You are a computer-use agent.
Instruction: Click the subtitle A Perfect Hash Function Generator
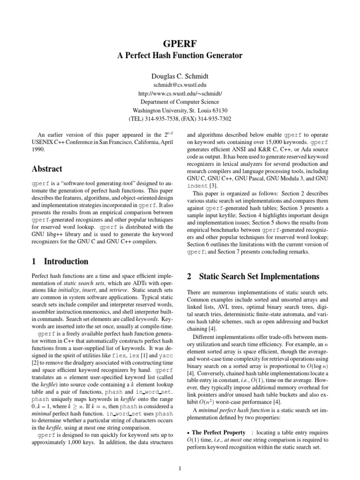[x=180, y=56]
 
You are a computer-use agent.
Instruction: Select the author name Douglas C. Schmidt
[x=180, y=76]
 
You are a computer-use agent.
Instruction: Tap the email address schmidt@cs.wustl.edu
[x=180, y=85]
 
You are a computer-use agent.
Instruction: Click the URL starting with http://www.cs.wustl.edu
[x=180, y=93]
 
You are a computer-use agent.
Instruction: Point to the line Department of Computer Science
[x=180, y=102]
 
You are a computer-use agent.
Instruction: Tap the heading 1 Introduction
[x=59, y=262]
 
